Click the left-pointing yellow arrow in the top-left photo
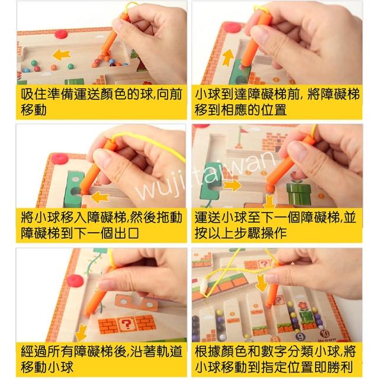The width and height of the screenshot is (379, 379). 62,55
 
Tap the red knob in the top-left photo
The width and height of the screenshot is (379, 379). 61,34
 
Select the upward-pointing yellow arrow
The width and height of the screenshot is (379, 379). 228,57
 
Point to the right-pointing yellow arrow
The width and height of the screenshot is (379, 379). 232,185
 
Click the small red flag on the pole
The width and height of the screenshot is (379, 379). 245,130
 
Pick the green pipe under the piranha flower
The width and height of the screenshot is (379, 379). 298,194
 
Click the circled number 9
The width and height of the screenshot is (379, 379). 301,336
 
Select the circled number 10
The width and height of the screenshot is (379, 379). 325,333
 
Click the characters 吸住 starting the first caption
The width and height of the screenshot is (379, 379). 34,94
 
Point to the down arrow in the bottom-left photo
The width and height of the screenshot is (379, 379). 82,333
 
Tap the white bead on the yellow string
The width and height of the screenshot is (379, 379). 204,286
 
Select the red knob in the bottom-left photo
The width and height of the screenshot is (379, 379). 75,280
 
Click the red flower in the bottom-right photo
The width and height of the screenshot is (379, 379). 303,306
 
